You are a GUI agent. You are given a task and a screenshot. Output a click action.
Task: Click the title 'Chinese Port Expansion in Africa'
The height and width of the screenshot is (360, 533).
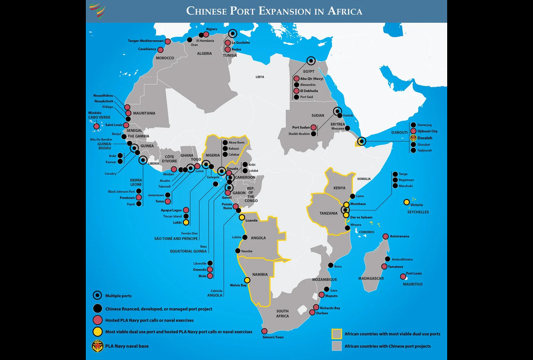[x=274, y=11]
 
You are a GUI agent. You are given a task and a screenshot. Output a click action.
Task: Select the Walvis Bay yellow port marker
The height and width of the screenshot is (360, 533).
[x=247, y=280]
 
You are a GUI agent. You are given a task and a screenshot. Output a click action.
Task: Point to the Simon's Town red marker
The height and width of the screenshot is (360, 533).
[x=264, y=331]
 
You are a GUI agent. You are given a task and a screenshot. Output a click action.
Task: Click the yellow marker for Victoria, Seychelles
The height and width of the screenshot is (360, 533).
[x=406, y=202]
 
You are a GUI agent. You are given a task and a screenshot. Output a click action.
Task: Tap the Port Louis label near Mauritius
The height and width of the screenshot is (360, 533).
[x=414, y=274]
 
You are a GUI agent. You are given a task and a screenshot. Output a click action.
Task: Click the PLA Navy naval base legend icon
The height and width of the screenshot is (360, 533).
[x=97, y=345]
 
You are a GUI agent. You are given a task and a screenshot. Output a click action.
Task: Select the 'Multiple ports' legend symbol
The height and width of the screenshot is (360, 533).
[x=97, y=295]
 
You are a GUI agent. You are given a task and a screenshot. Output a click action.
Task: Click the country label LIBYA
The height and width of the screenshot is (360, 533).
[x=260, y=77]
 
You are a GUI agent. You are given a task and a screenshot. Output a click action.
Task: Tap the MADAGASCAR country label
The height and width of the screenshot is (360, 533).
[x=372, y=279]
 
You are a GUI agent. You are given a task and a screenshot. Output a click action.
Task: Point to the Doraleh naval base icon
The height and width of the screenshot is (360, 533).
[x=413, y=138]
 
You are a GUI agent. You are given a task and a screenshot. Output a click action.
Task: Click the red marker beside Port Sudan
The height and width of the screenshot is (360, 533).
[x=314, y=127]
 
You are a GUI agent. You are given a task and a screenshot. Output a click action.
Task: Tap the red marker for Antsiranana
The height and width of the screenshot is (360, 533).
[x=385, y=236]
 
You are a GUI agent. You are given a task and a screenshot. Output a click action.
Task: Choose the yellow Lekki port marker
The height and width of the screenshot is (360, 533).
[x=185, y=222]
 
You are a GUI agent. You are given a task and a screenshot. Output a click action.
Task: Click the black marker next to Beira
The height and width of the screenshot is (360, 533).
[x=330, y=266]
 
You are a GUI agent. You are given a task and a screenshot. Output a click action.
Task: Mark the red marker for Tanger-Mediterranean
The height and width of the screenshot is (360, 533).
[x=167, y=41]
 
